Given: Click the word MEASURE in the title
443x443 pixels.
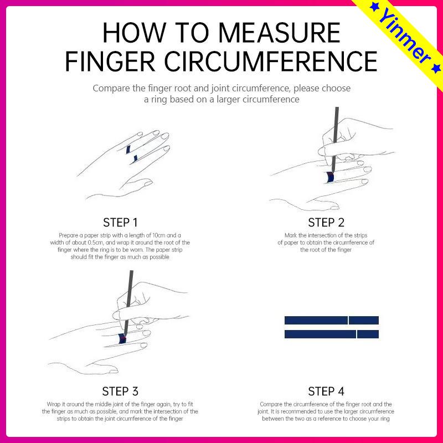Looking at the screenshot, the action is pyautogui.click(x=279, y=33).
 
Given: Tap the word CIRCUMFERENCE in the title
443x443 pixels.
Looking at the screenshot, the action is pyautogui.click(x=271, y=61).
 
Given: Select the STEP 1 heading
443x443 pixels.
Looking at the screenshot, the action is pyautogui.click(x=120, y=223).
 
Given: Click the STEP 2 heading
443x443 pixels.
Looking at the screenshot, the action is pyautogui.click(x=326, y=223).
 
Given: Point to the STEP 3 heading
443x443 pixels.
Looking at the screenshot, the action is pyautogui.click(x=120, y=392).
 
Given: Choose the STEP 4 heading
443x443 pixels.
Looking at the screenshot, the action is pyautogui.click(x=326, y=392).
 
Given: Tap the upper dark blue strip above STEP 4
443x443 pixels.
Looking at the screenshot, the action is pyautogui.click(x=331, y=321).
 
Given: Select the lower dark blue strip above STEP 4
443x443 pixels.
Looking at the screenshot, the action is pyautogui.click(x=331, y=334).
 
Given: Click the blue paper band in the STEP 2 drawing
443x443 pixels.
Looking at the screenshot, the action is pyautogui.click(x=330, y=177).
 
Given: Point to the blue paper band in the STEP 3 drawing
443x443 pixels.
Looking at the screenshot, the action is pyautogui.click(x=122, y=338).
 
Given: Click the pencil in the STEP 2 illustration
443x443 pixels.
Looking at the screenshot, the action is pyautogui.click(x=335, y=140).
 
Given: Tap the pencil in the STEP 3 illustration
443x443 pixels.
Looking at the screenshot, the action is pyautogui.click(x=128, y=303).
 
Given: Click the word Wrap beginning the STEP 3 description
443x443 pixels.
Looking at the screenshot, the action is pyautogui.click(x=53, y=404).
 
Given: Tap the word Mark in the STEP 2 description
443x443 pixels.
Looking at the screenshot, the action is pyautogui.click(x=291, y=235).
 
